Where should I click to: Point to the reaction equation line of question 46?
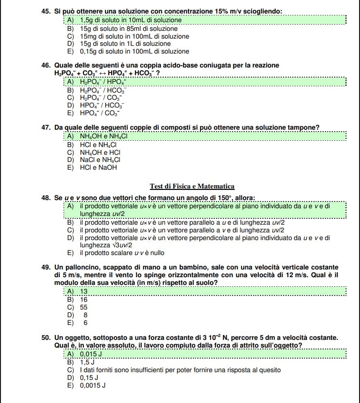click(x=107, y=73)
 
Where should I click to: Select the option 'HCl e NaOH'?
click(x=99, y=168)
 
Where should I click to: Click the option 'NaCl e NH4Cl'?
click(x=100, y=160)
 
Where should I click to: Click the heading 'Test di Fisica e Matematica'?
click(x=192, y=186)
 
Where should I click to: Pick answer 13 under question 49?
click(x=83, y=291)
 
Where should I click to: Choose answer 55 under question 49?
click(x=83, y=307)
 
